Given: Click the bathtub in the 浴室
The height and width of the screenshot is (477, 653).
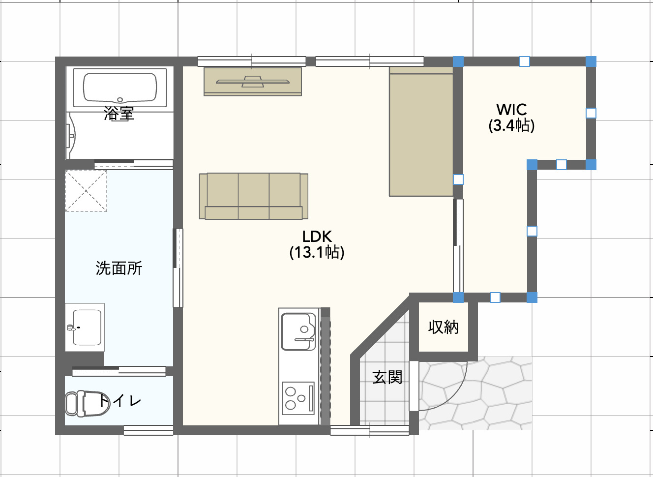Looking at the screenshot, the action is (120, 88).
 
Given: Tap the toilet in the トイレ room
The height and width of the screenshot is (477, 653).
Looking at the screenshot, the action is (88, 404).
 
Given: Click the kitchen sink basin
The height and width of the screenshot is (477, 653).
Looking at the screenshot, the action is (298, 331).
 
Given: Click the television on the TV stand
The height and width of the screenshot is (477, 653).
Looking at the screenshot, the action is (252, 82).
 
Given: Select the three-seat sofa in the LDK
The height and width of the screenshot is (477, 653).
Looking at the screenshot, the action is (254, 196).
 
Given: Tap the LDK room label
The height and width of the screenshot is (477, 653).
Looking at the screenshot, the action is (317, 237).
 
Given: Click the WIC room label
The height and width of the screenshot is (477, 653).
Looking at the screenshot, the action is (511, 110).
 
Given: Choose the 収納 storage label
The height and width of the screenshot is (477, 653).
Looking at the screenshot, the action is (443, 327).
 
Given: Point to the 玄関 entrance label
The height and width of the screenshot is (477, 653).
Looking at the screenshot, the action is (387, 378).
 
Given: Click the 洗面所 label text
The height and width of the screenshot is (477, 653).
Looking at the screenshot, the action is (119, 268).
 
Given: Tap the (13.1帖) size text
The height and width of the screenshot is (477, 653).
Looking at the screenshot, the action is (317, 252).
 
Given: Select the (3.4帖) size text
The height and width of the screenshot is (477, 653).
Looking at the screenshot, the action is (511, 126).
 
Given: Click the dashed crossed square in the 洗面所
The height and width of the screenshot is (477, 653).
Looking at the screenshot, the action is (86, 191).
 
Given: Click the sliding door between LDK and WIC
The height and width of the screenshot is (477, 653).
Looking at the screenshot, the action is (458, 246).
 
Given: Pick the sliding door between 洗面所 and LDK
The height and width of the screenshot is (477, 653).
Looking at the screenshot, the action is (178, 268).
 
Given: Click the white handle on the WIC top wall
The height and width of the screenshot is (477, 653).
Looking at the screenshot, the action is (525, 61).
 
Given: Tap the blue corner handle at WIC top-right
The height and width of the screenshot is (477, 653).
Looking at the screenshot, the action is (591, 61).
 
